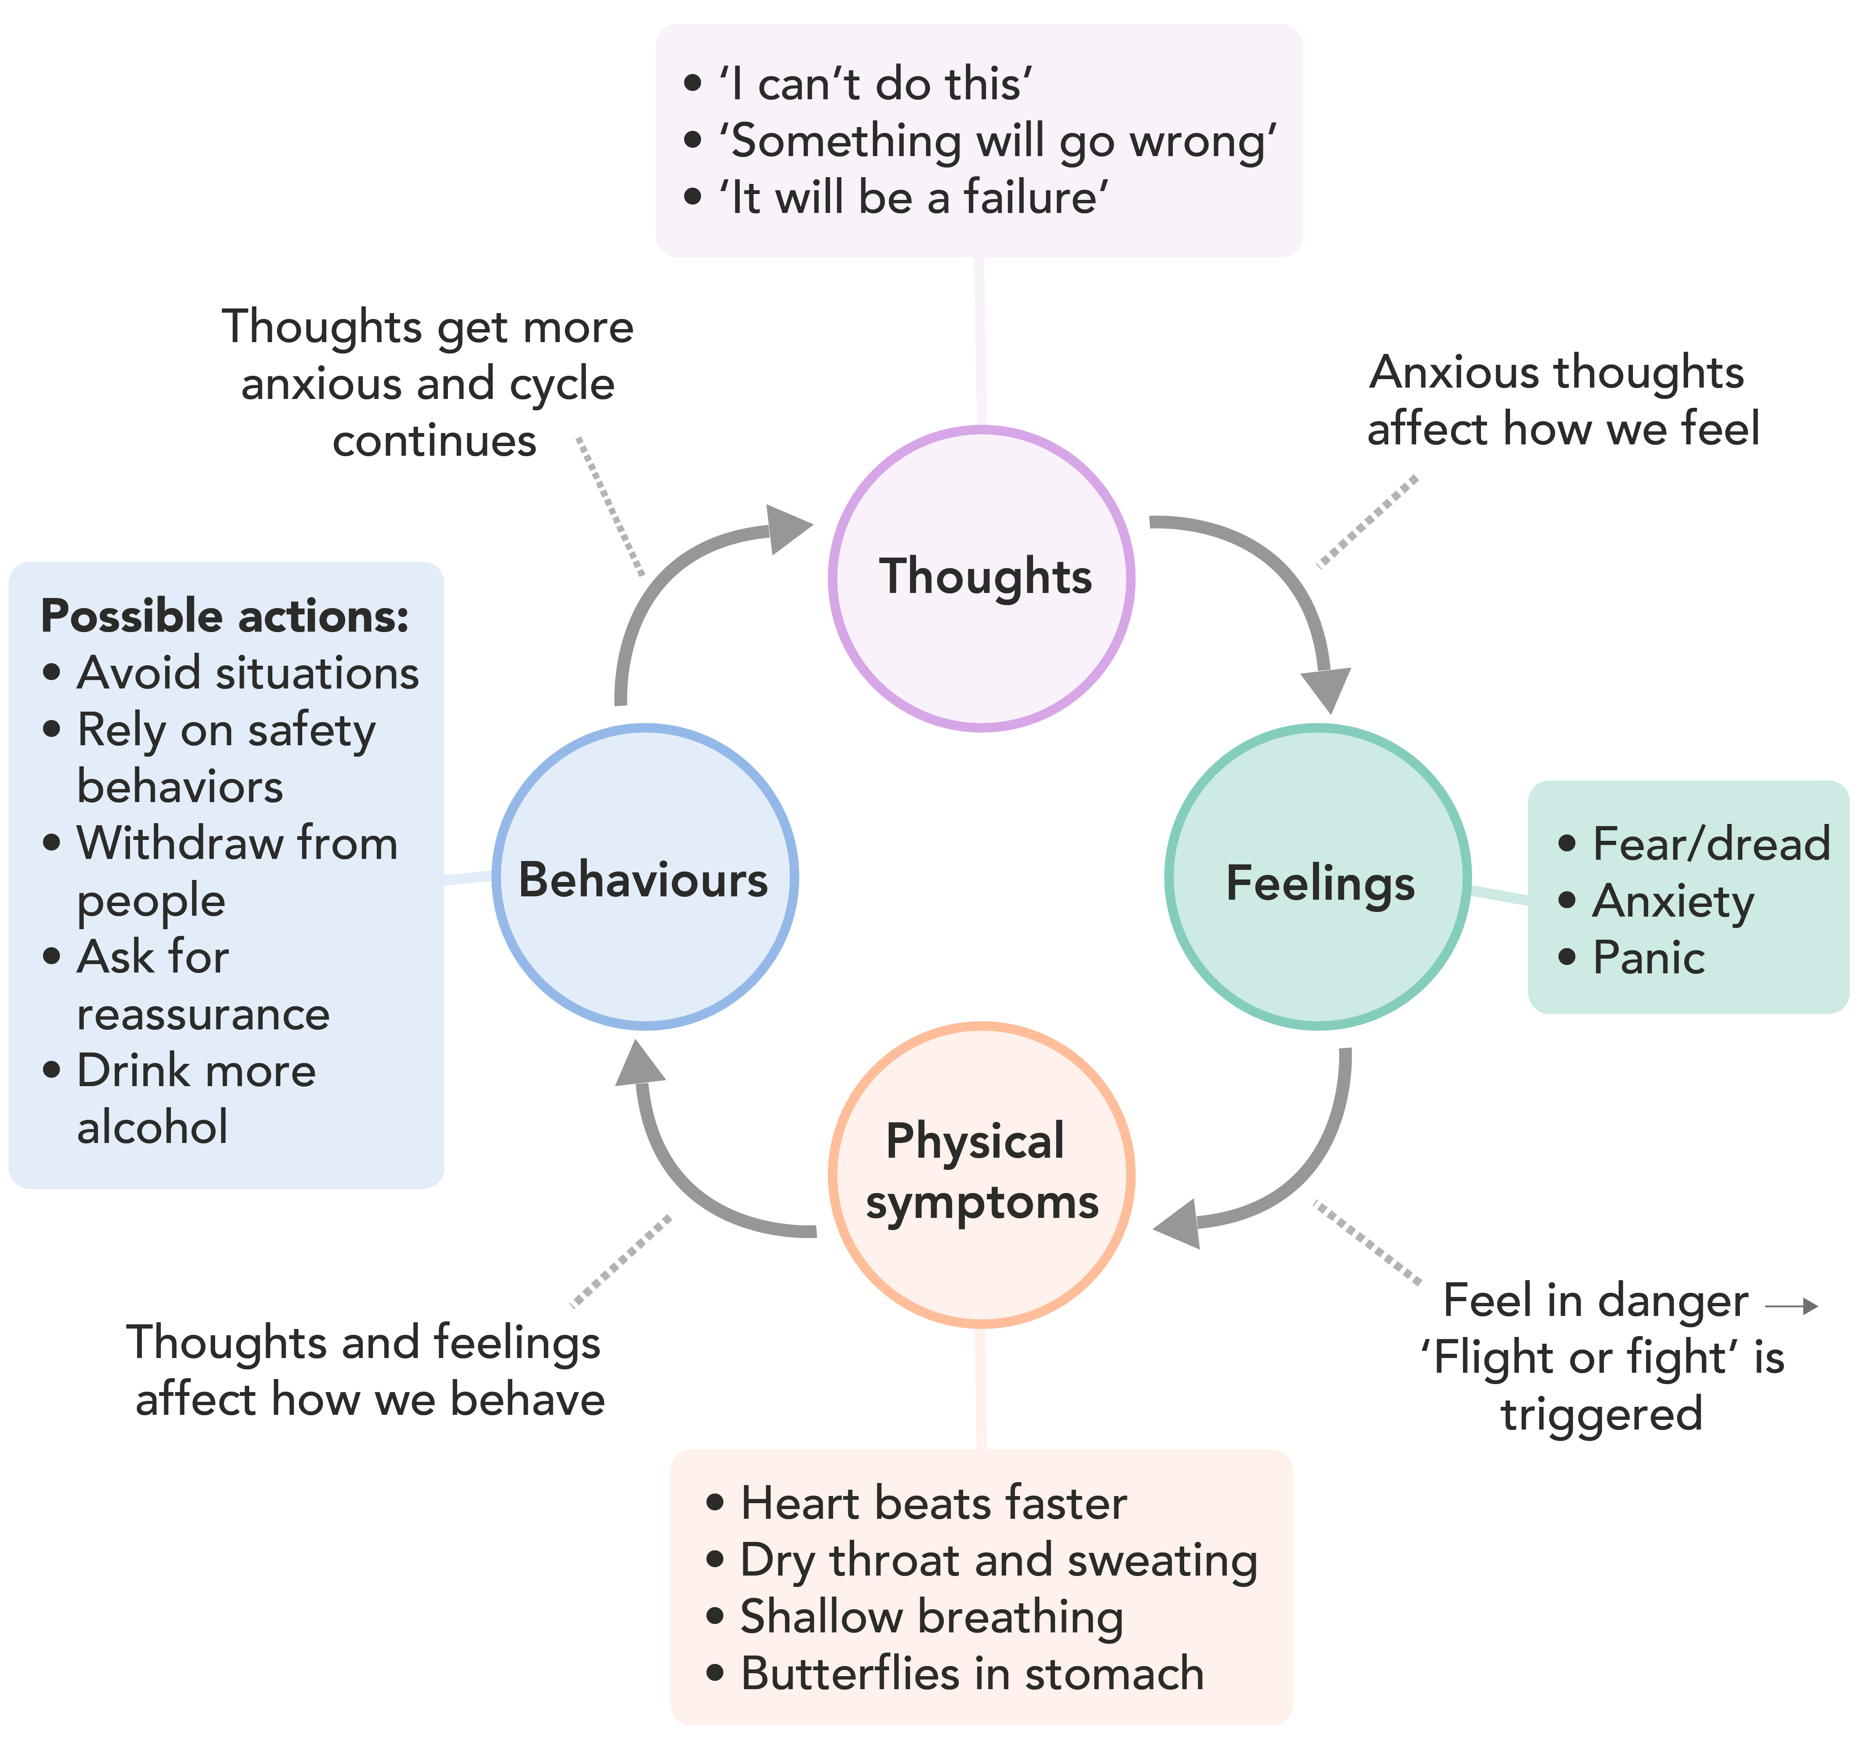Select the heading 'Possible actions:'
[x=224, y=616]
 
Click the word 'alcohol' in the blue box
[x=152, y=1127]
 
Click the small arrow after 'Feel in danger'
[x=1791, y=1306]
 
